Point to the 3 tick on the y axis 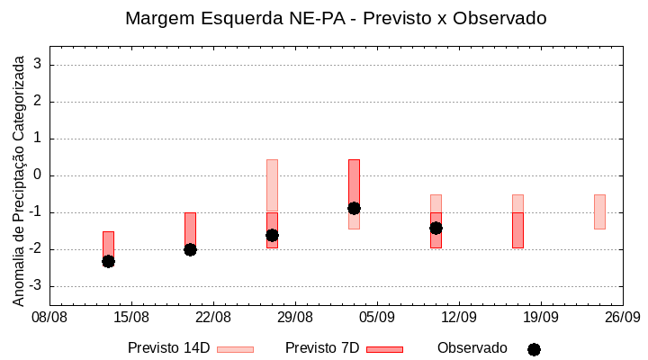39,65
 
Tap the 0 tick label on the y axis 39,175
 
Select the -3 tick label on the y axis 35,286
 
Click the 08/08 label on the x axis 49,317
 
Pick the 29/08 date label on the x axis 295,317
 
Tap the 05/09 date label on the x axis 377,317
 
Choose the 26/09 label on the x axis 622,317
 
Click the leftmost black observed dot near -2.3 108,261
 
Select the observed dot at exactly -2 190,249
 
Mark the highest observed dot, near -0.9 354,208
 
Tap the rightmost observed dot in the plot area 436,228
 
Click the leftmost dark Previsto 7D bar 108,243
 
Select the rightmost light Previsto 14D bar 599,211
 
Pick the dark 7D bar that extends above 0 354,184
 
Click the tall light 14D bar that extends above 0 272,185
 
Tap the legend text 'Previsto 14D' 168,348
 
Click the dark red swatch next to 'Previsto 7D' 384,349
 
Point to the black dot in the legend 534,349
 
